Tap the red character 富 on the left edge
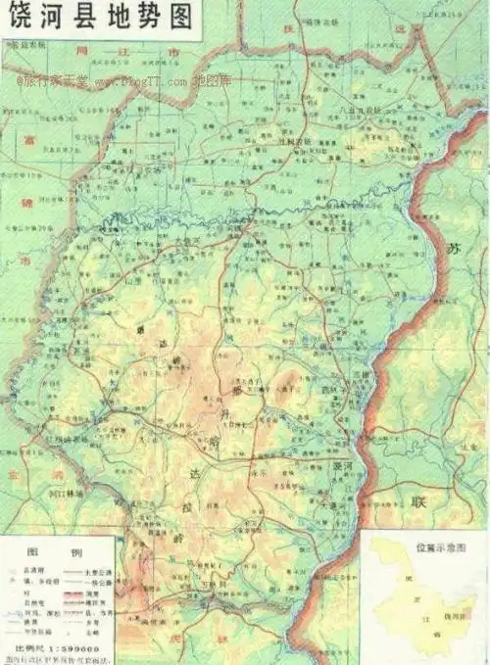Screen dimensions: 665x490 pos(18,141)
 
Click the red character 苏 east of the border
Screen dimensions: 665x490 pos(453,248)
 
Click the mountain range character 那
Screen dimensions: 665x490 pos(236,391)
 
